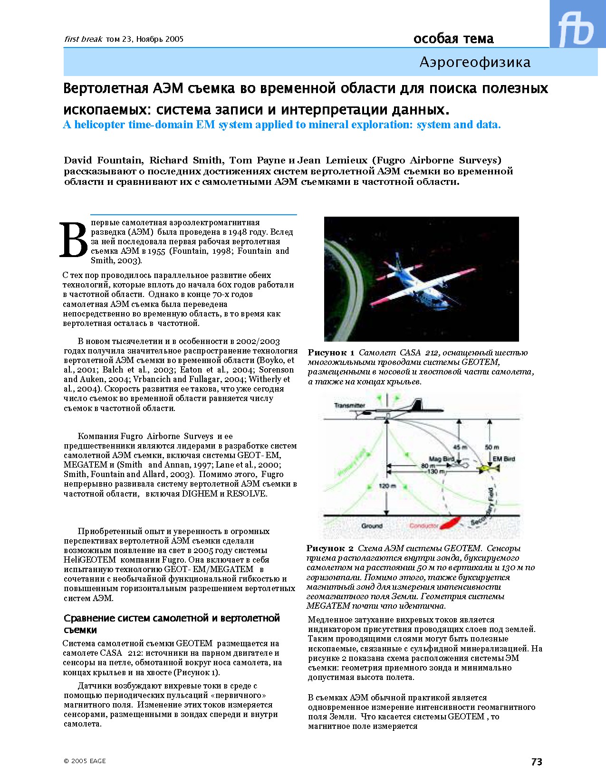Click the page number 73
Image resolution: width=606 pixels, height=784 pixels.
click(x=537, y=762)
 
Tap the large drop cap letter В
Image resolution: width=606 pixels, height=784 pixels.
click(x=74, y=240)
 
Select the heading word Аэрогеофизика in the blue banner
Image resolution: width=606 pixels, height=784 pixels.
click(x=475, y=62)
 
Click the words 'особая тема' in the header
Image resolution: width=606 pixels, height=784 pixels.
click(x=453, y=39)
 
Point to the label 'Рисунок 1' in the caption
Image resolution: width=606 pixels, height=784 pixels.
click(x=331, y=353)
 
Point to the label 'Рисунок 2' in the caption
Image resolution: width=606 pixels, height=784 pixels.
click(x=330, y=548)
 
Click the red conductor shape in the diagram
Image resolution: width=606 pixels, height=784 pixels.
click(x=449, y=522)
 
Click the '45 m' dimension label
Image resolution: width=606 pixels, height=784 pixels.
click(x=460, y=447)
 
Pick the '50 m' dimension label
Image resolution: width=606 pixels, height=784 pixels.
click(x=492, y=447)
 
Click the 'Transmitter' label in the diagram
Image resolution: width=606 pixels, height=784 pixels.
click(x=349, y=405)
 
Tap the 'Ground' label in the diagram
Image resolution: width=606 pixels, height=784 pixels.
click(x=371, y=526)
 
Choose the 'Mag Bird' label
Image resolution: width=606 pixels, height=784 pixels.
click(x=442, y=459)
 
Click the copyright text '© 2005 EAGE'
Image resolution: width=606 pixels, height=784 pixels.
click(x=85, y=761)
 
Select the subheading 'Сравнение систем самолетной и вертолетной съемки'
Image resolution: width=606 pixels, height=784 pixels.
click(x=172, y=624)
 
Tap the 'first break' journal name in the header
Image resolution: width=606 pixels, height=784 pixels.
click(x=83, y=39)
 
